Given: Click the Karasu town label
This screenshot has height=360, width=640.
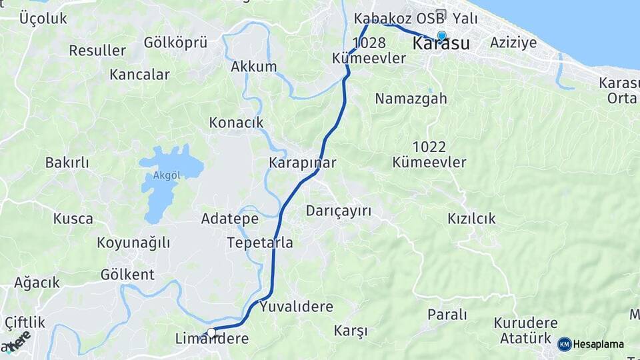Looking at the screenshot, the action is pos(441,45).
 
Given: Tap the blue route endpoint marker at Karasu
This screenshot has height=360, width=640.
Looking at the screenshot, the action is pos(441,36).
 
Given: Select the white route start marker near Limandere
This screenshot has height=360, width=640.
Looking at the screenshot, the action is pos(211,332).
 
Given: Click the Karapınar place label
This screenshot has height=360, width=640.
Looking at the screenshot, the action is pos(302,163).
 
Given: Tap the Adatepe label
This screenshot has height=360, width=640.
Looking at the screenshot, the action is pos(230,218).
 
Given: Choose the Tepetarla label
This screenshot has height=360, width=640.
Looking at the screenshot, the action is pos(260,242).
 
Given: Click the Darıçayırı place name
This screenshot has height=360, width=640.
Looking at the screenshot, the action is pos(338,211).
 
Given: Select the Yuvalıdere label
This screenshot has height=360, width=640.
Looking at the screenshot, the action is pos(296,307).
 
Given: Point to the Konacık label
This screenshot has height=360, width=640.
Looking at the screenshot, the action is pos(237,123).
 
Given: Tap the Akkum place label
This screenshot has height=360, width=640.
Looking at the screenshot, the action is pos(253,67).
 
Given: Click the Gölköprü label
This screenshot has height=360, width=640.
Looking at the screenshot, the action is pos(175,43).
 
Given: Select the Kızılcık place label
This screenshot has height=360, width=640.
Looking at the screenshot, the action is pos(472,218).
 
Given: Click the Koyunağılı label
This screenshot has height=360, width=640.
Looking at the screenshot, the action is pos(133,242).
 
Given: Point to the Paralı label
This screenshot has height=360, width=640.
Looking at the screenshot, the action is pos(447,314).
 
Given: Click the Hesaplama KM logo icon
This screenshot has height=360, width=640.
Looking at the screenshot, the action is pos(564,344).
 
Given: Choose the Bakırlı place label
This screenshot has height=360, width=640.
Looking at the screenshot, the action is pos(67,162).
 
